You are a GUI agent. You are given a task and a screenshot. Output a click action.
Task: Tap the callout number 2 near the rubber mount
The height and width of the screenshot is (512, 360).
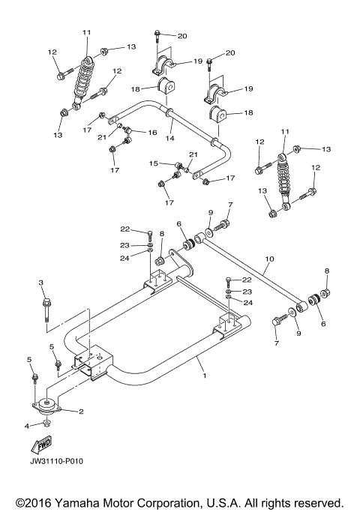click(79, 412)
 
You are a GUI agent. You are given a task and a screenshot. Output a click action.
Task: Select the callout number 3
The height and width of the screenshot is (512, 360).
click(41, 282)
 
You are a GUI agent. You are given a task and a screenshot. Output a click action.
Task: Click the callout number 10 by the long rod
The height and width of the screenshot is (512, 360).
click(269, 260)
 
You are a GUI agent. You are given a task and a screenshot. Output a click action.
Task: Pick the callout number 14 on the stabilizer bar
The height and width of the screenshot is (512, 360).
click(171, 139)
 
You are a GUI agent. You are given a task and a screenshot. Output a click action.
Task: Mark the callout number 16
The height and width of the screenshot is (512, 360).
click(152, 133)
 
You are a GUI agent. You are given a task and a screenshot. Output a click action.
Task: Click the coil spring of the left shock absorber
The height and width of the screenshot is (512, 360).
click(84, 73)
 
